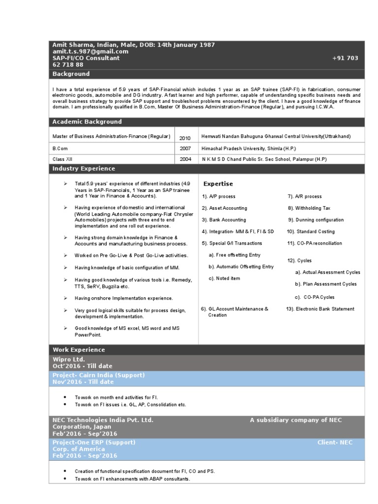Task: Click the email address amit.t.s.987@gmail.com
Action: (x=90, y=51)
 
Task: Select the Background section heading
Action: (x=71, y=74)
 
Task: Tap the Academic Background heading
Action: (x=87, y=122)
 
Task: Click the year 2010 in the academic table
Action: (x=185, y=138)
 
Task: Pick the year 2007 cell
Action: (x=185, y=148)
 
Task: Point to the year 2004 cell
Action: (x=185, y=159)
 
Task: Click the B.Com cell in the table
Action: (x=60, y=148)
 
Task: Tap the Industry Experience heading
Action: (x=84, y=168)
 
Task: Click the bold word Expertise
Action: (x=218, y=184)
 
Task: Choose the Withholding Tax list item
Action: (x=316, y=208)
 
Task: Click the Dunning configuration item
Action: (x=316, y=220)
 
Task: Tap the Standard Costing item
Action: (x=312, y=231)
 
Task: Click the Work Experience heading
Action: (x=79, y=349)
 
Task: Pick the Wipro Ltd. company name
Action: (x=68, y=359)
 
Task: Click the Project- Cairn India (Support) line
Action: (x=98, y=375)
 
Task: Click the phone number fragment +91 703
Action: (x=345, y=58)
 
